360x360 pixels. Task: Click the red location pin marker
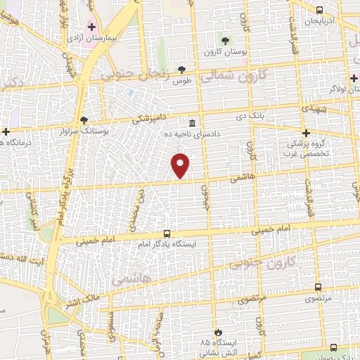click(x=181, y=165)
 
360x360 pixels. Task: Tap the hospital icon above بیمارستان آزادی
click(x=91, y=26)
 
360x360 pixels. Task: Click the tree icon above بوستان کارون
click(x=225, y=40)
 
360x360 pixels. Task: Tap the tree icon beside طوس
click(x=182, y=69)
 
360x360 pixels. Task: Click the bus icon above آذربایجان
click(x=320, y=10)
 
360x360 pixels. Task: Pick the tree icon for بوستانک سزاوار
click(x=84, y=120)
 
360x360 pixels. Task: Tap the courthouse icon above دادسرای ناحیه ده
click(x=192, y=122)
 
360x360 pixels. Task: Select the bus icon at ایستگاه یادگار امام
click(x=167, y=233)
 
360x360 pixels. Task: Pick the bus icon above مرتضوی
click(x=318, y=288)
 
